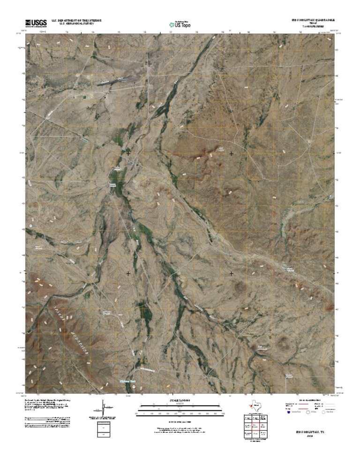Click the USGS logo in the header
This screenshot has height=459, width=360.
click(x=35, y=22)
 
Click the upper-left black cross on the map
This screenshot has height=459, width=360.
click(x=128, y=153)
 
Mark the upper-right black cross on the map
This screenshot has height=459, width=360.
click(x=231, y=153)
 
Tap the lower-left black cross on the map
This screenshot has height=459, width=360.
click(x=128, y=273)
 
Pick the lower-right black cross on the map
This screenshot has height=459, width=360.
click(x=231, y=273)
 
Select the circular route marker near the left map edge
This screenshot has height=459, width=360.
click(x=31, y=226)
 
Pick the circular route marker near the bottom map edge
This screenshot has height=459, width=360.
click(x=132, y=388)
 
